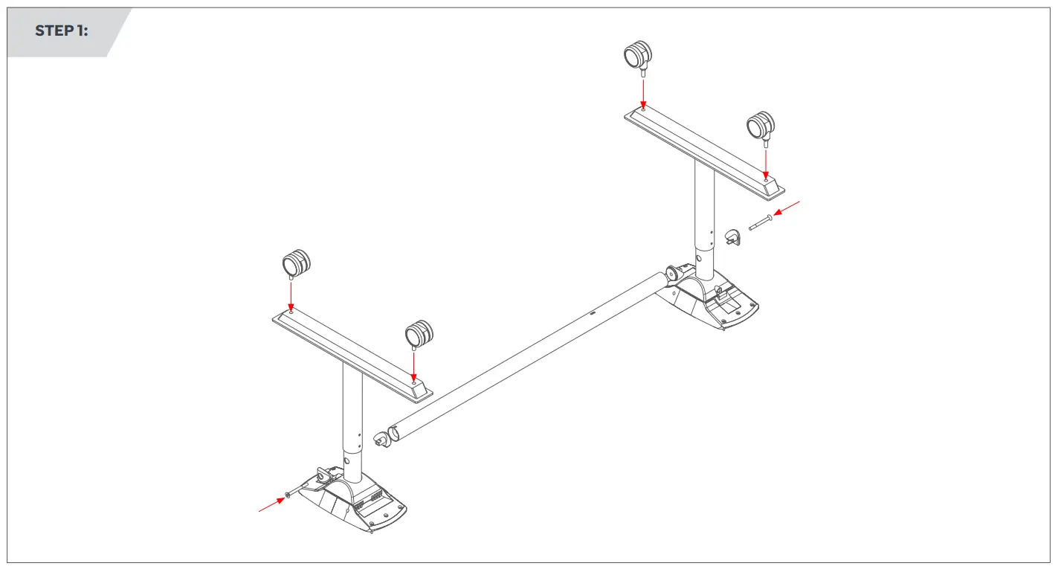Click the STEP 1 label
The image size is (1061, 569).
point(61,31)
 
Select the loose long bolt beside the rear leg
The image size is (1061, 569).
point(763,222)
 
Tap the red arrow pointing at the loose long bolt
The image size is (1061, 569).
point(788,208)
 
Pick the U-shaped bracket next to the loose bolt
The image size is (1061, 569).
point(732,237)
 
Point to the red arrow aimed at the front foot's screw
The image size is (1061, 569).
point(272,505)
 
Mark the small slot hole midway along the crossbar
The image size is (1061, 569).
point(593,314)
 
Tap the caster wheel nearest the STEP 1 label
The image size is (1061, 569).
point(296,263)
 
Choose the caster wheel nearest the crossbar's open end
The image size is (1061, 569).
point(419,334)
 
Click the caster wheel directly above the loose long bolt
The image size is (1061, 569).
point(760,125)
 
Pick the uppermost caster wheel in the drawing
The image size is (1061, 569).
point(637,55)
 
